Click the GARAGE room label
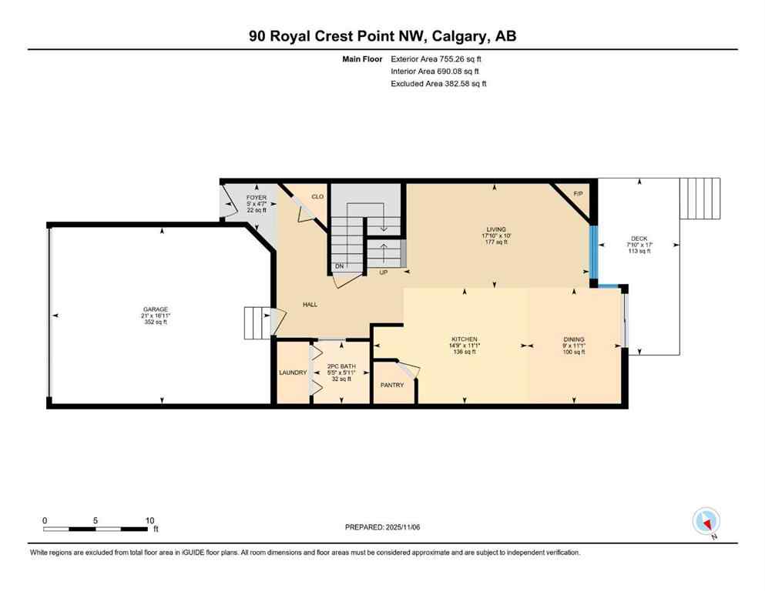click(x=154, y=309)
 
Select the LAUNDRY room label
click(x=293, y=372)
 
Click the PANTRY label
click(x=392, y=385)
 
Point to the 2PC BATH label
click(x=340, y=366)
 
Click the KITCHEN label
click(x=465, y=339)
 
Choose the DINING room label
click(x=573, y=339)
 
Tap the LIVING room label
click(x=495, y=229)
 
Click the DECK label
click(x=639, y=239)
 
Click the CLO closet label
click(x=317, y=197)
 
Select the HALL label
click(x=310, y=305)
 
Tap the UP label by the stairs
click(x=383, y=272)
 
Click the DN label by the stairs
click(x=338, y=266)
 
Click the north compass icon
click(x=706, y=522)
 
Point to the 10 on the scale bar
click(x=150, y=520)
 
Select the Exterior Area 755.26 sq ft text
click(x=440, y=58)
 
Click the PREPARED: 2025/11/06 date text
click(x=382, y=527)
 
